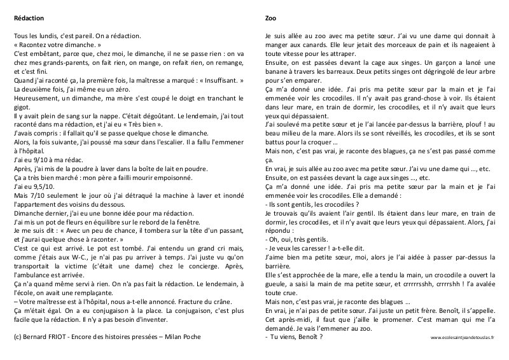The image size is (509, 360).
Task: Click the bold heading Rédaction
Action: [x=29, y=18]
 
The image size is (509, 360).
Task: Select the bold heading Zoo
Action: [x=270, y=18]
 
